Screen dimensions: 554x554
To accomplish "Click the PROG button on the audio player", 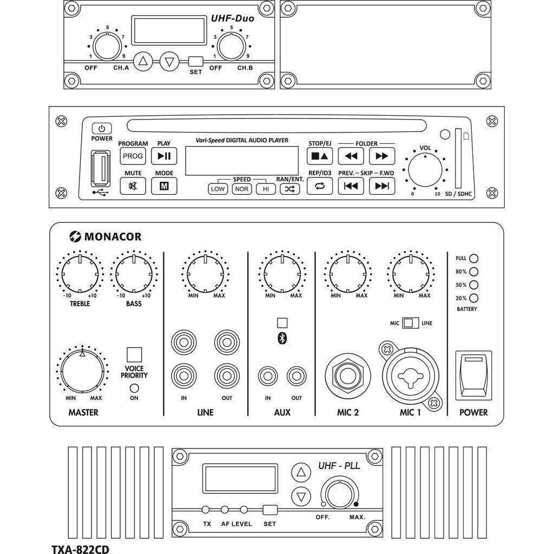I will [x=133, y=156].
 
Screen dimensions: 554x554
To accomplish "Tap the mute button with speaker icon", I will [x=133, y=186].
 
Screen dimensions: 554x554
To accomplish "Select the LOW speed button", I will [x=218, y=189].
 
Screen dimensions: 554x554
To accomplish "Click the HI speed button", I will [x=266, y=189].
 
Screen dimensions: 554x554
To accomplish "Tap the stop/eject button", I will [x=320, y=156].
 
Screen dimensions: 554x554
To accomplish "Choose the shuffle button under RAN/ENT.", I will [x=290, y=189].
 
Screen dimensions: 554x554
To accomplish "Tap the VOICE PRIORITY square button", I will [x=134, y=354].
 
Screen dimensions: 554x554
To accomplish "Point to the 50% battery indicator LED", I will [x=474, y=285].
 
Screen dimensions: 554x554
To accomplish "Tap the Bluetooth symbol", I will [x=282, y=338].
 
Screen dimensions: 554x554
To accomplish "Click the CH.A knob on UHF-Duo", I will [x=108, y=47].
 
